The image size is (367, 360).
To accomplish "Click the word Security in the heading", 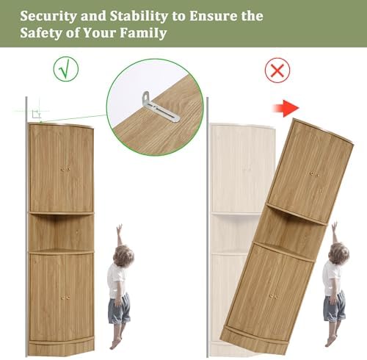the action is (48, 17).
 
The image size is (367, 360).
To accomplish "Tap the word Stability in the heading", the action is (139, 16).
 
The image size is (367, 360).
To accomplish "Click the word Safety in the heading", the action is (41, 33).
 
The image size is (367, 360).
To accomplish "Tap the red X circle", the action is (277, 71).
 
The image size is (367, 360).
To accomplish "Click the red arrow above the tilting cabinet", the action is (286, 108).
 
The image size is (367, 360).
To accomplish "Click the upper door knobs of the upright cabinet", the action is (65, 169).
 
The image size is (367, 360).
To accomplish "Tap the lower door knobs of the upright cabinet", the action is (65, 298).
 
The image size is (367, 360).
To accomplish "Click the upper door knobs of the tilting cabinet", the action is (314, 174).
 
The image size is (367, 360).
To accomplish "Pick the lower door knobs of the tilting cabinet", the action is (274, 297).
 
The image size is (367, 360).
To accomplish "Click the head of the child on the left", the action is (123, 256).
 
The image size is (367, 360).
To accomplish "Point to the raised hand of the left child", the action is (119, 228).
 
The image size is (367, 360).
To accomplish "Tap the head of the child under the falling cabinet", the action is (338, 253).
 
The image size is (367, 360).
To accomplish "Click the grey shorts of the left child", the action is (119, 309).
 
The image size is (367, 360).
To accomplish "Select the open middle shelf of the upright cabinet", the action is (61, 232).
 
